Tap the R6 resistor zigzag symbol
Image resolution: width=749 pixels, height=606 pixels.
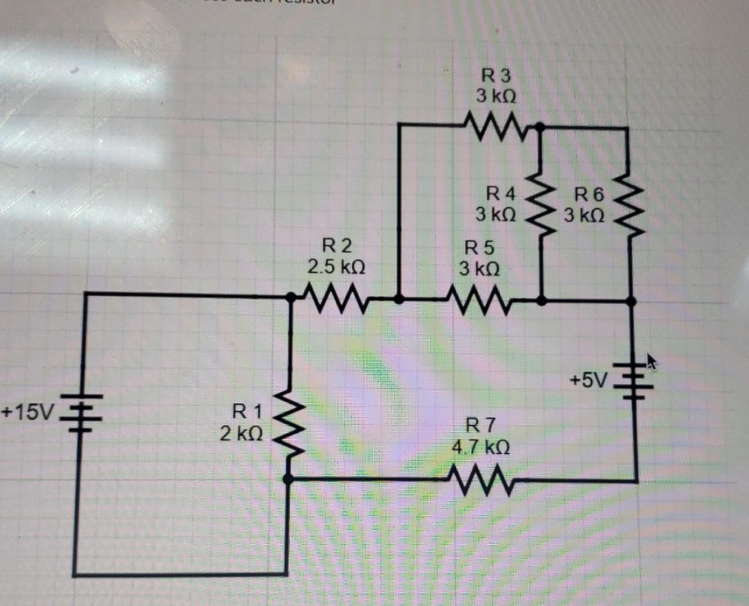coord(628,206)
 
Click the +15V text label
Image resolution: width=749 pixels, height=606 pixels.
coord(26,412)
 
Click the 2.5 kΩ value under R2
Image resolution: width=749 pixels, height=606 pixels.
coord(336,267)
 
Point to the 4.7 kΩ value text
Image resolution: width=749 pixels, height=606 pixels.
coord(481,447)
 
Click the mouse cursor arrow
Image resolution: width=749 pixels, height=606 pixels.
coord(651,361)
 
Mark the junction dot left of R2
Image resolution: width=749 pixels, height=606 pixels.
coord(291,297)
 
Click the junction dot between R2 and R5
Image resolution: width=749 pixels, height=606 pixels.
coord(399,299)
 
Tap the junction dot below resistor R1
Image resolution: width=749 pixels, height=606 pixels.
coord(288,479)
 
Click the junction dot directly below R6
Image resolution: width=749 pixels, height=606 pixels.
coord(631,302)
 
